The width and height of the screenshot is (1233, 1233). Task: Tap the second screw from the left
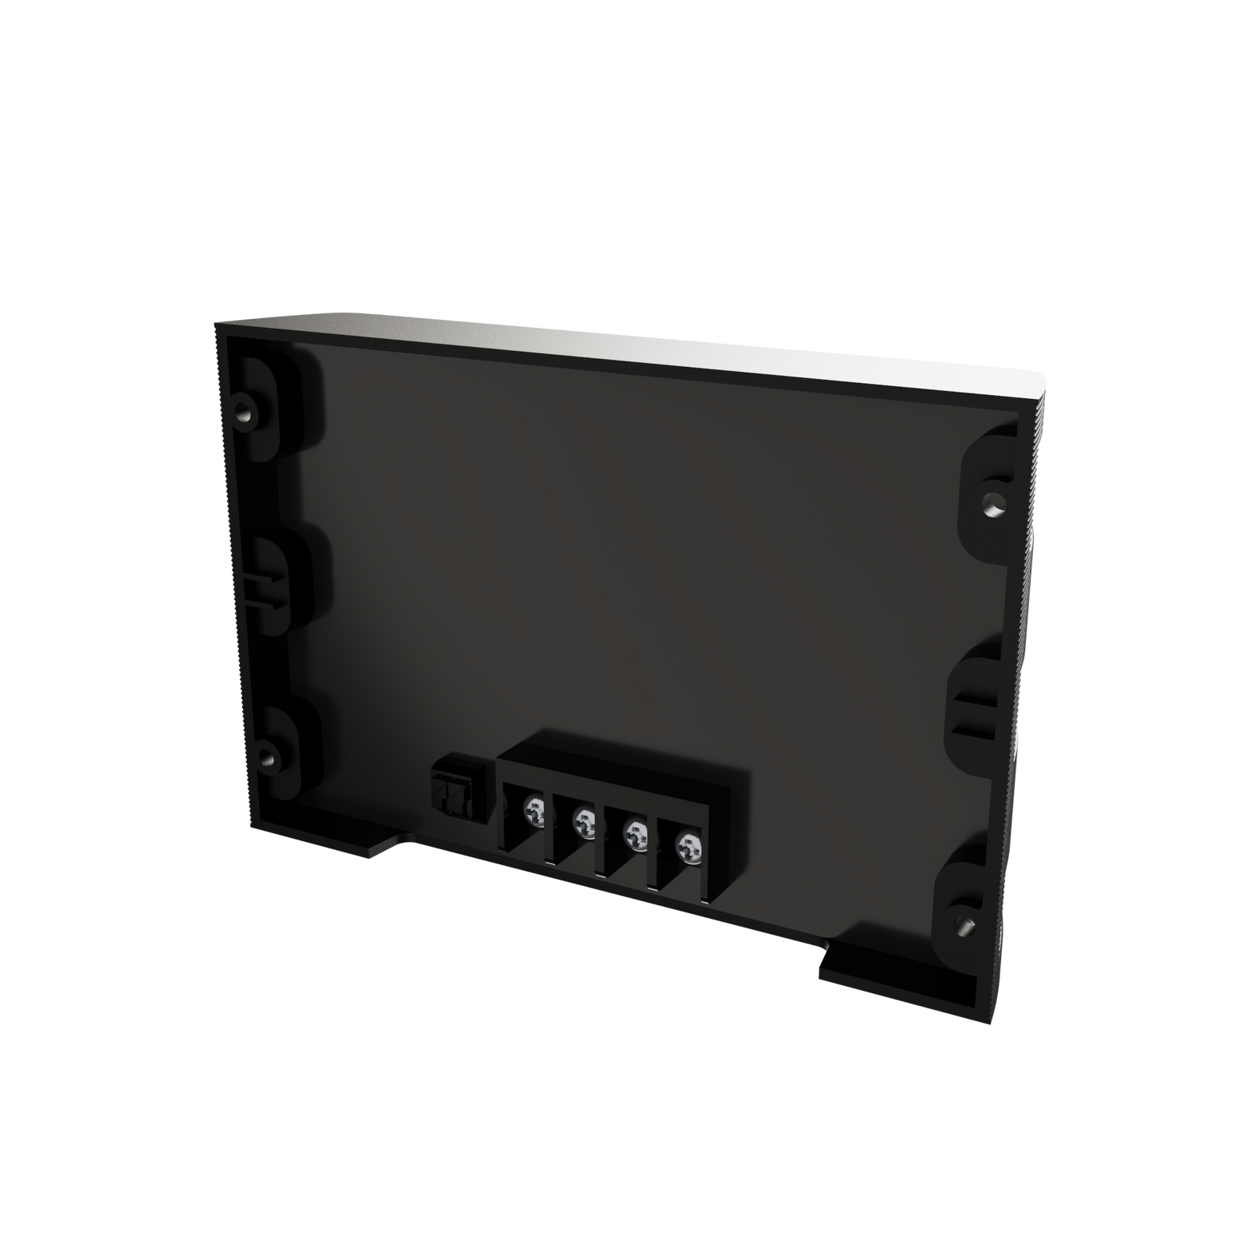(585, 821)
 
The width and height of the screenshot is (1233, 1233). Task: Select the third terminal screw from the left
(636, 834)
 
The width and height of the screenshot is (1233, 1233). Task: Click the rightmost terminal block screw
(687, 844)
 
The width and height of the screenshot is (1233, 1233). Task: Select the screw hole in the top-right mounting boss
(992, 502)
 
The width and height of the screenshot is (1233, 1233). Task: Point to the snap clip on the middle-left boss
(260, 589)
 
